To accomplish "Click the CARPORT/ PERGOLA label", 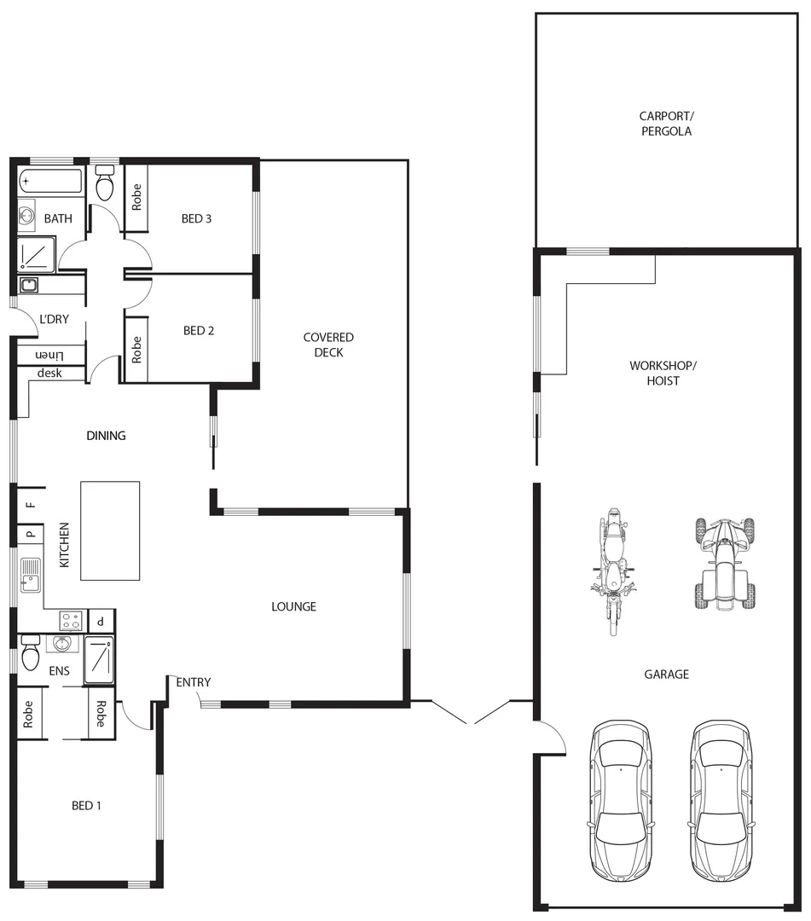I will (665, 125).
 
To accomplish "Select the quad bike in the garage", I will (724, 563).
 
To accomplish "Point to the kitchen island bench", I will (110, 530).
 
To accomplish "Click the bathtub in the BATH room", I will (52, 182).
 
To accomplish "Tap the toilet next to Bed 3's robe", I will (105, 184).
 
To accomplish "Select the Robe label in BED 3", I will (136, 198).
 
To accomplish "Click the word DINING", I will (106, 436).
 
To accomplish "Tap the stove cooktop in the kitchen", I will (70, 620).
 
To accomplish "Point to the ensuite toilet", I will (31, 655).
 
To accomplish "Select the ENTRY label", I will (194, 682).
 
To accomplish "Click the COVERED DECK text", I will (328, 345).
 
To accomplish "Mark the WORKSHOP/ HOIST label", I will (663, 373).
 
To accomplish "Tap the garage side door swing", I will (550, 737).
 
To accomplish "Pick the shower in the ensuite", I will (99, 659).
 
